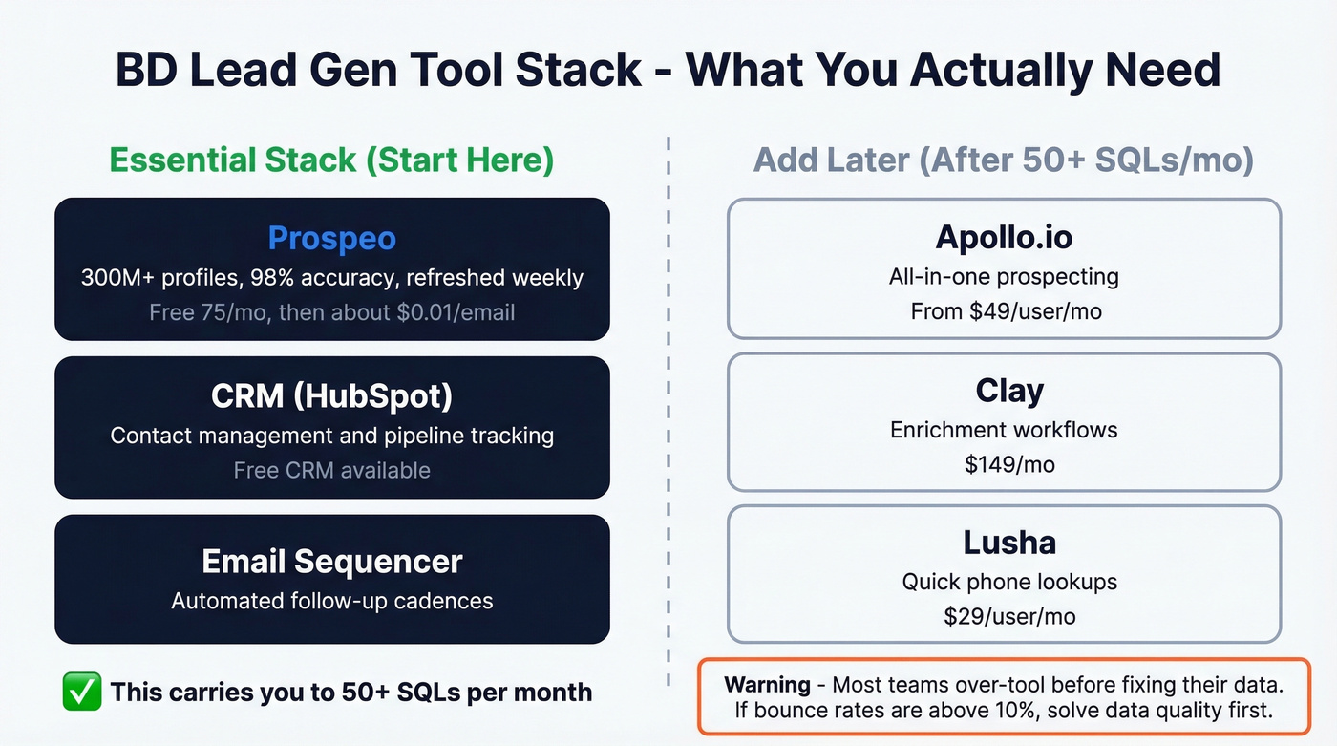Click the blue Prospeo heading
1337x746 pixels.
click(331, 238)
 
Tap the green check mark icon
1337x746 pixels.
click(81, 692)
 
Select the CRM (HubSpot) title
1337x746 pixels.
click(331, 395)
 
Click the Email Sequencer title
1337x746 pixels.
click(331, 561)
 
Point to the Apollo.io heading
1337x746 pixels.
click(1004, 237)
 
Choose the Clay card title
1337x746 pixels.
click(1008, 391)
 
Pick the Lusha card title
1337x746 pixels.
click(1008, 543)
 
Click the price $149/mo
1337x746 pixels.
click(1008, 464)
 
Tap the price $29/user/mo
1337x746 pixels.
click(1008, 616)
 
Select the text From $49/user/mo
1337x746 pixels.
click(1005, 311)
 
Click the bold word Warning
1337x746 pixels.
click(767, 684)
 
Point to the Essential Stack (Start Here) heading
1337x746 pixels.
click(331, 160)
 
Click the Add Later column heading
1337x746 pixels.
click(1003, 160)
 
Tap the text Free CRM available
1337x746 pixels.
click(331, 470)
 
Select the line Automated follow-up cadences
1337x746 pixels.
click(331, 601)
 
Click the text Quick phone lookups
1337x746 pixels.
click(1008, 581)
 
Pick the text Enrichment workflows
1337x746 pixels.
click(1004, 429)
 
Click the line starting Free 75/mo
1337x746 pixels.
click(331, 312)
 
